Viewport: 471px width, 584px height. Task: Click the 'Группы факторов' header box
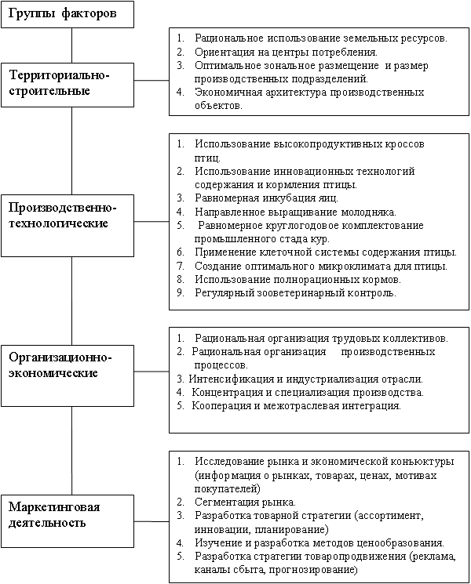tap(67, 14)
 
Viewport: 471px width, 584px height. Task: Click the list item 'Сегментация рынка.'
tap(245, 501)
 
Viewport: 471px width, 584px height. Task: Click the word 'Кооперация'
tap(221, 406)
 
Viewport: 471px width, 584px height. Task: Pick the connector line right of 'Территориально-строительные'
tap(152, 80)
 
